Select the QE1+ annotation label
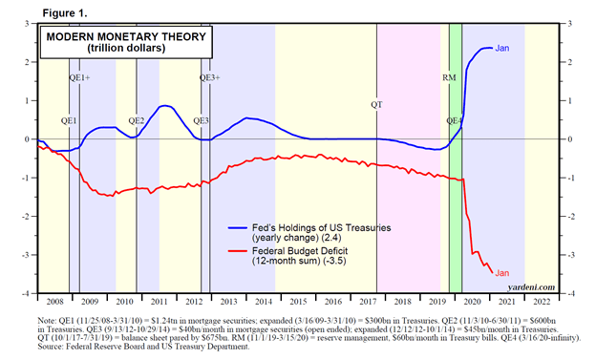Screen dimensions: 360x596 [x=80, y=77]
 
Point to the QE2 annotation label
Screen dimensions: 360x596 [x=136, y=121]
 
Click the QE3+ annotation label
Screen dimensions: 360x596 [x=209, y=77]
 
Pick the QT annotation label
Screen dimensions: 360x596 [x=376, y=103]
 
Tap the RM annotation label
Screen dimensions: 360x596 [x=449, y=77]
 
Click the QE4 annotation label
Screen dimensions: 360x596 [x=456, y=121]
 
